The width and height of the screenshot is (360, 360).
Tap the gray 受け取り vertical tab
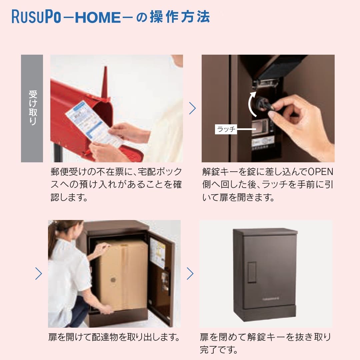tap(32, 108)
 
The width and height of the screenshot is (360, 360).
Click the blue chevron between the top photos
tap(192, 108)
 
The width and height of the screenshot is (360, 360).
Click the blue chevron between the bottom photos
tap(190, 274)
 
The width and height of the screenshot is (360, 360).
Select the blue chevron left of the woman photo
tap(39, 274)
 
